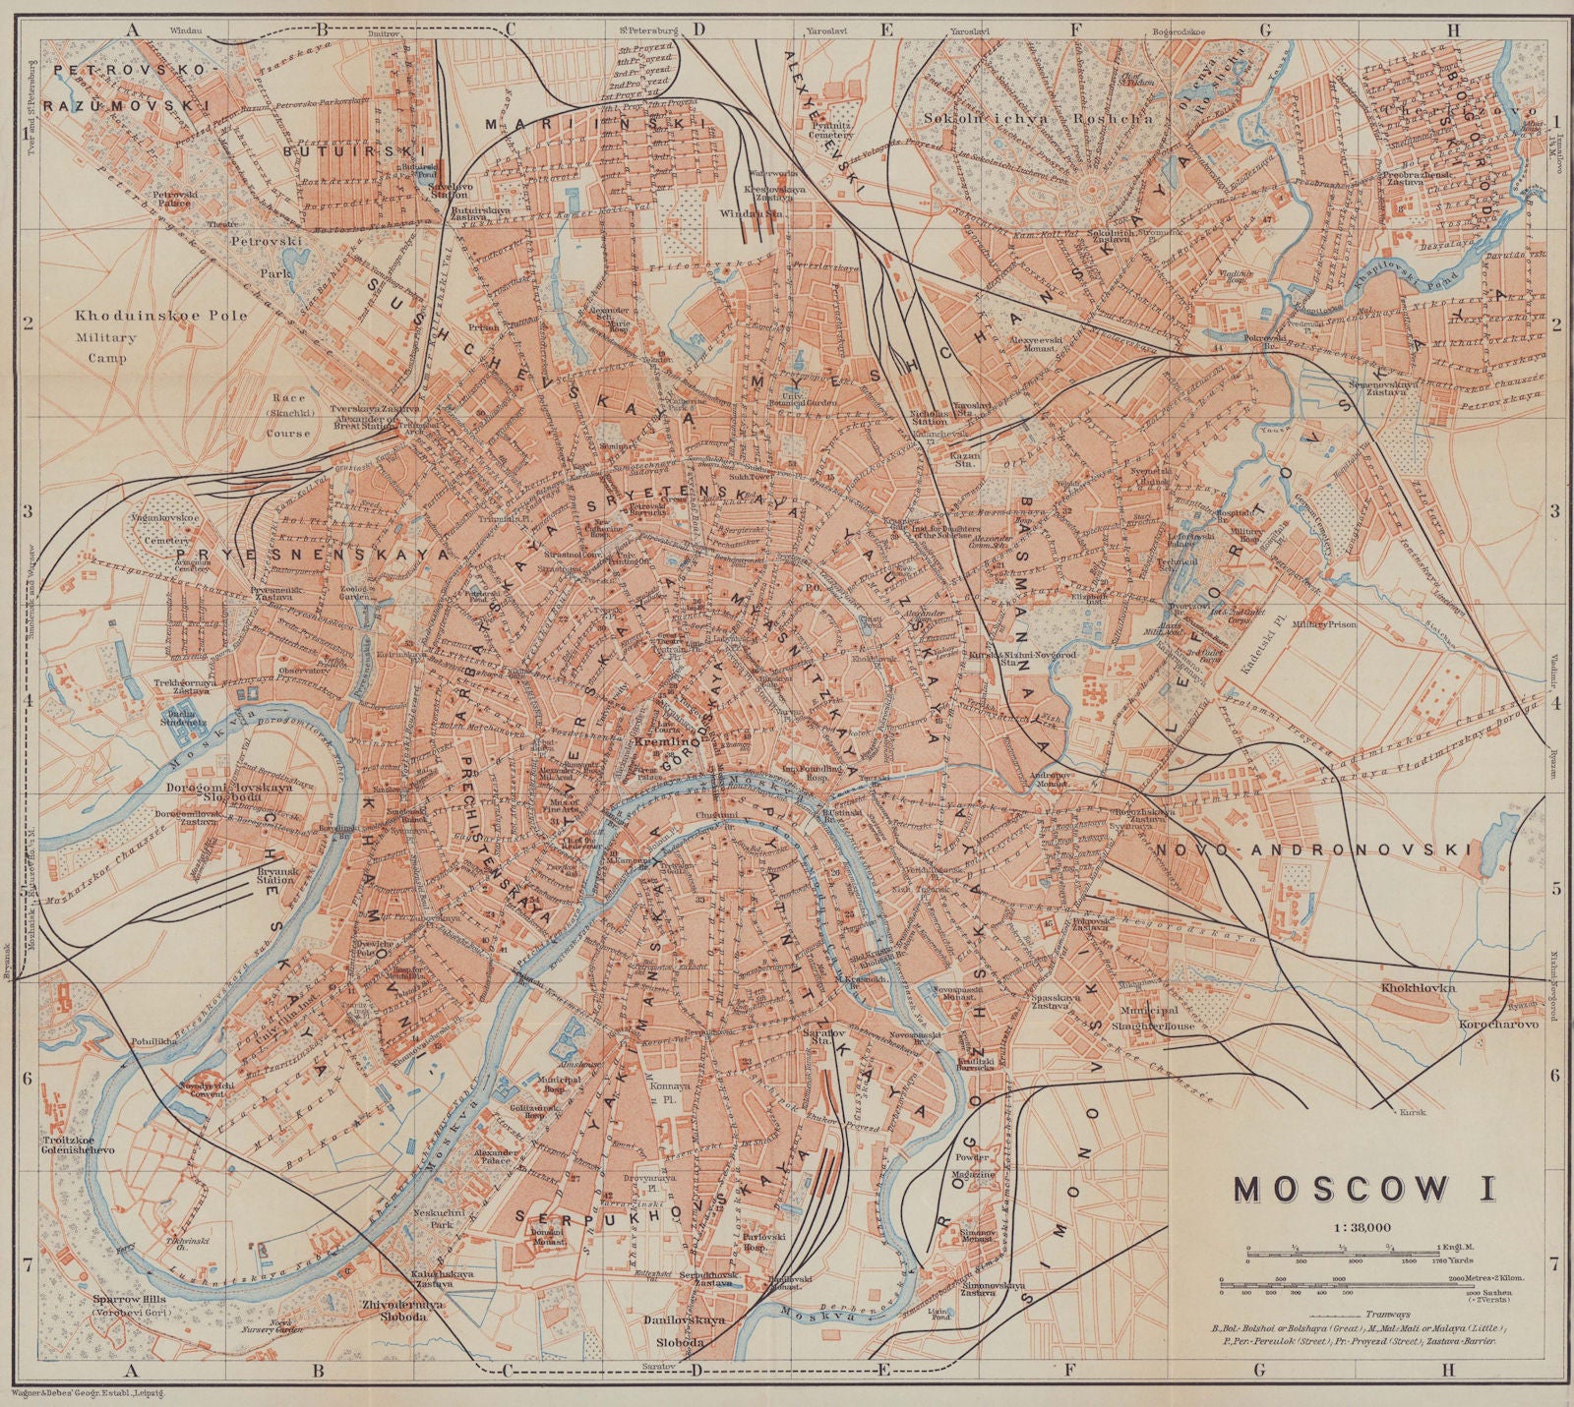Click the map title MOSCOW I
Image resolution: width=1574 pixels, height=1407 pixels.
[1363, 1188]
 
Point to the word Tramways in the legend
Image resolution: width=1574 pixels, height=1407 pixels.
[1388, 1314]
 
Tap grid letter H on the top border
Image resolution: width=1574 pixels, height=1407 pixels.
[1453, 29]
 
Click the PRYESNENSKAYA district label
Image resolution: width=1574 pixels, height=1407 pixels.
[313, 555]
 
